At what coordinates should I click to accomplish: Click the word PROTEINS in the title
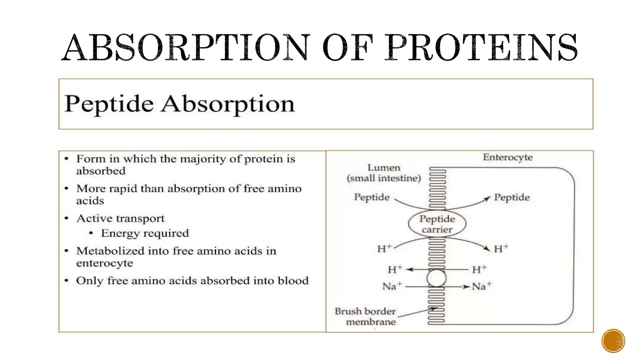tap(482, 48)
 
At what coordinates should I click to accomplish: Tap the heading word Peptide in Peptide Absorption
tap(109, 104)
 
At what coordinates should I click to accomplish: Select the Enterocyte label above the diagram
tap(507, 157)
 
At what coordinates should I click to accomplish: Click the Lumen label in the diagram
tap(384, 167)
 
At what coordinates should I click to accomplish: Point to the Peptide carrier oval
tap(437, 224)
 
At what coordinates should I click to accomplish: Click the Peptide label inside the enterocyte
tap(512, 197)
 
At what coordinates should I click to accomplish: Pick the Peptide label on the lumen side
tap(372, 197)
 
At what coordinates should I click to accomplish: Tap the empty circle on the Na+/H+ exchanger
tap(436, 278)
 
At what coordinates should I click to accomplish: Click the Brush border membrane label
tap(365, 316)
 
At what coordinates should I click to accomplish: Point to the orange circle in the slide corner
tap(613, 341)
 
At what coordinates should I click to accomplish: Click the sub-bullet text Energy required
tap(145, 233)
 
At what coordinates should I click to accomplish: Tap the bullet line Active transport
tap(120, 218)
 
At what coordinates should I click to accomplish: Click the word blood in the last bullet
tap(293, 280)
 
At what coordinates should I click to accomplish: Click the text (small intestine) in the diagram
tap(384, 178)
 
